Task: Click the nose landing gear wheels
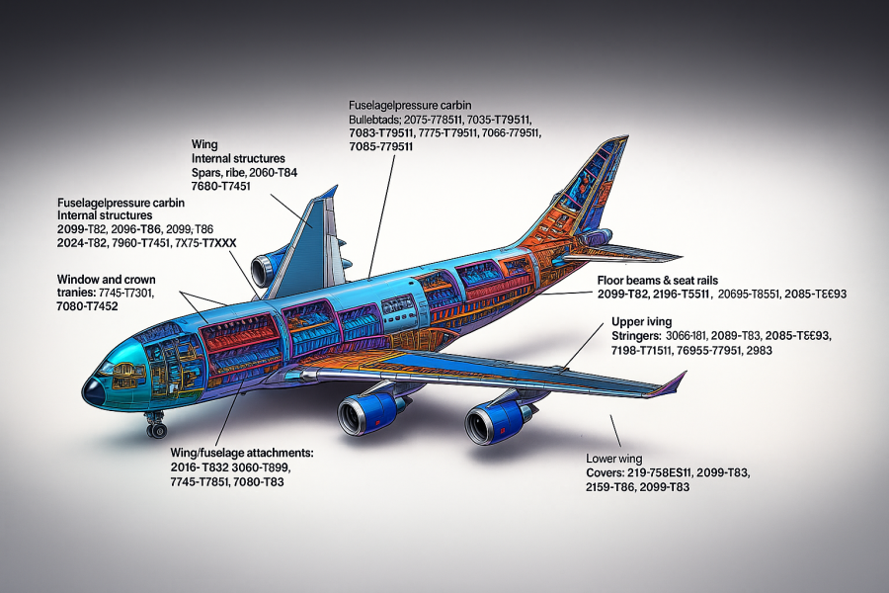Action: point(156,429)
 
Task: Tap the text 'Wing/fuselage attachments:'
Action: point(241,452)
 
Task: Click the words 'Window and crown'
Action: point(107,280)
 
